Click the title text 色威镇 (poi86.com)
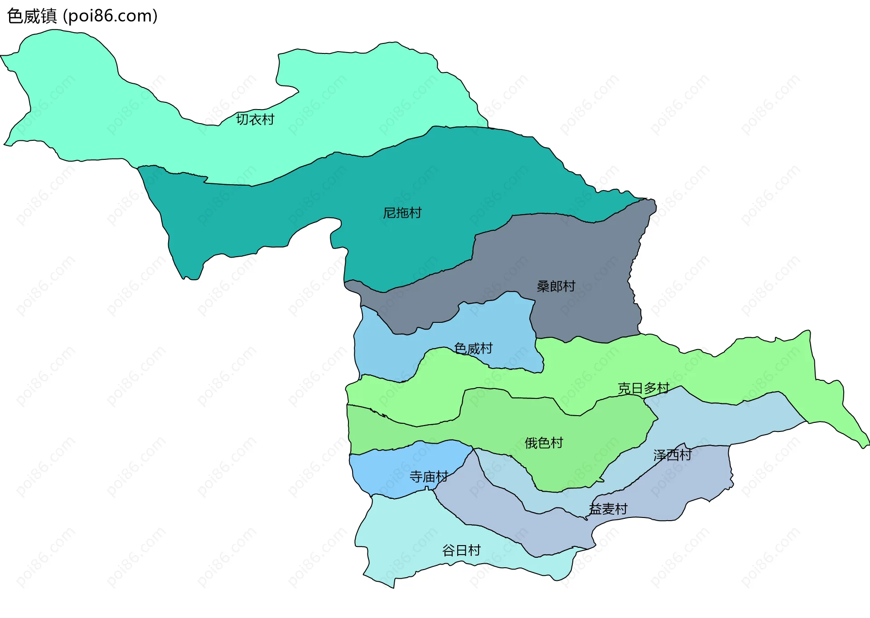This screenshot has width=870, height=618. [x=82, y=16]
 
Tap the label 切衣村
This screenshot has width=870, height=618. [x=255, y=120]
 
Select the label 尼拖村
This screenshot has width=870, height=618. [x=402, y=213]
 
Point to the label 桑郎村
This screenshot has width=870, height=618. [x=556, y=286]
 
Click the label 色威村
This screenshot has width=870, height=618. [x=473, y=349]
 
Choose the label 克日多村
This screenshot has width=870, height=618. [x=643, y=388]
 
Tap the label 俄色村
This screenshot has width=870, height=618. [x=544, y=443]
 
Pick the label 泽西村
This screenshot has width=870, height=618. [x=672, y=455]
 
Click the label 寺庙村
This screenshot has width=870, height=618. [x=429, y=477]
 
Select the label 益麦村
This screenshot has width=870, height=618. [x=608, y=509]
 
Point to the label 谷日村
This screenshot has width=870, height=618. [x=461, y=551]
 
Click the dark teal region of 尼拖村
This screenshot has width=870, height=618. [x=272, y=213]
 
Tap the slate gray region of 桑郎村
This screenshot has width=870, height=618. [x=589, y=254]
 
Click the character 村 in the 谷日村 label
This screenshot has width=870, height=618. [x=474, y=551]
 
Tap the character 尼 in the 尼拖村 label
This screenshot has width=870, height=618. [x=390, y=213]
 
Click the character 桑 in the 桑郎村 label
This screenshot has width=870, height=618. [x=543, y=286]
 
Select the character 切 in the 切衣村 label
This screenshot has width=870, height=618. [x=242, y=120]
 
